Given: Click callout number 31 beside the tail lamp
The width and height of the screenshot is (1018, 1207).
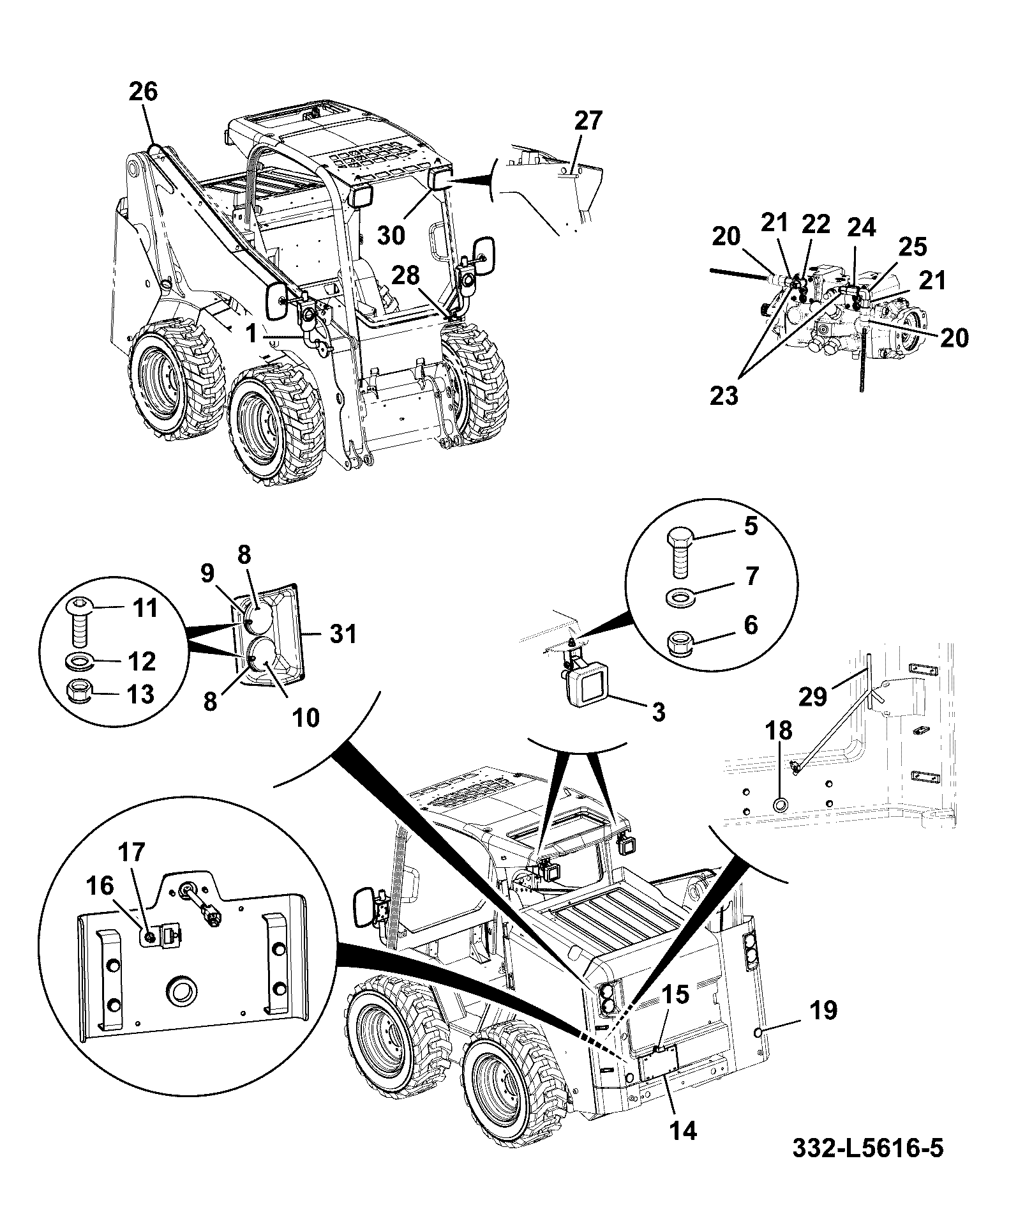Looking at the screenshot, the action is tap(342, 634).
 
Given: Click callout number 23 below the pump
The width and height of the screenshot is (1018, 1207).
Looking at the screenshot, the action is tap(724, 396).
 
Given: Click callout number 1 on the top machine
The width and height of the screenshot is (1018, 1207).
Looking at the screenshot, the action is tap(252, 333).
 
